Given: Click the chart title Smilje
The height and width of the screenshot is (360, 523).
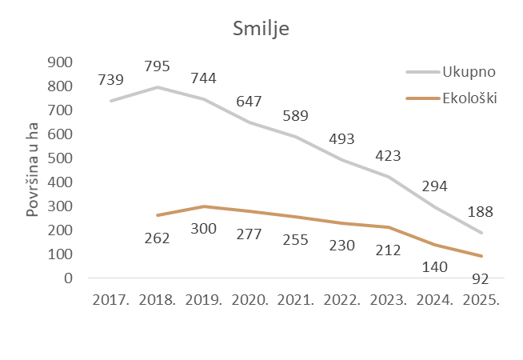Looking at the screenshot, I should pos(261,30).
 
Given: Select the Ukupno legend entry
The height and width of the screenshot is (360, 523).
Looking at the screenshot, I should pos(469,72).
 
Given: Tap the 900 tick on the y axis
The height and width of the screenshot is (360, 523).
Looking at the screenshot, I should pos(61,62).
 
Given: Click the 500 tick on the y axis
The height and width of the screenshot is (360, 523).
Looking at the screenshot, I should pos(61,158).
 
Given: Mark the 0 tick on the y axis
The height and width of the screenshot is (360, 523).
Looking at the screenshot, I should pos(68,278).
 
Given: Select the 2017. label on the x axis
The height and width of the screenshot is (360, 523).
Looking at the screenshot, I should pos(112,302).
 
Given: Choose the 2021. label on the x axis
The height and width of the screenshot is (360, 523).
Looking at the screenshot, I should pos(295,302).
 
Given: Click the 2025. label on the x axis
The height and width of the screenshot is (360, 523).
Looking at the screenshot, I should pos(480,302).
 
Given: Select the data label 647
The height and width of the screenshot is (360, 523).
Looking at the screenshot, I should pos(250,102).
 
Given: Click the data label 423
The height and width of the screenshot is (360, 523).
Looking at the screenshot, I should pos(387,155).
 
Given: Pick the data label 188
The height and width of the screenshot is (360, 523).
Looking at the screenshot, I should pos(480,212).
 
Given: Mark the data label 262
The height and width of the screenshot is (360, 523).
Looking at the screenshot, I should pos(157,238).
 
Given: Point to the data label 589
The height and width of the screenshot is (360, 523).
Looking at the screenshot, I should pos(295,116).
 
